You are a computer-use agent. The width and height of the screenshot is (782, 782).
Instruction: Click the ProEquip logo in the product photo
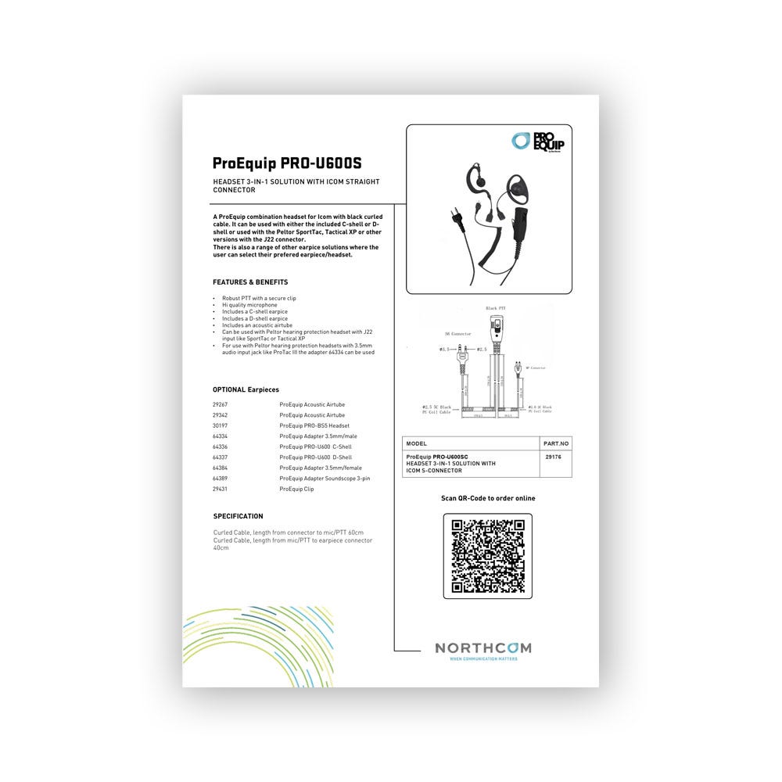[537, 142]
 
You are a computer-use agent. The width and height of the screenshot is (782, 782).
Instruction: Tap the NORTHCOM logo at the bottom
[482, 649]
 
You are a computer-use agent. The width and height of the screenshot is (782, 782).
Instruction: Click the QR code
[488, 556]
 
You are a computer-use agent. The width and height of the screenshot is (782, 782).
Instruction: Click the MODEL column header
[417, 443]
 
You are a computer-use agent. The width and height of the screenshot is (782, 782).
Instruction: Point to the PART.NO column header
[556, 443]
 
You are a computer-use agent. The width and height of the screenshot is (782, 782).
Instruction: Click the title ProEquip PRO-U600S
[287, 163]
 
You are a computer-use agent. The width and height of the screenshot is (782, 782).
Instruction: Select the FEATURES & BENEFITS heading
[250, 282]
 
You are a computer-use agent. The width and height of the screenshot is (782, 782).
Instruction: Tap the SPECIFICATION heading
[238, 516]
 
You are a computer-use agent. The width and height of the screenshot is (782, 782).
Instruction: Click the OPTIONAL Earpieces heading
[246, 389]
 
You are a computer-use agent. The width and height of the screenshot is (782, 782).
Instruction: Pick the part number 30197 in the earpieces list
[220, 425]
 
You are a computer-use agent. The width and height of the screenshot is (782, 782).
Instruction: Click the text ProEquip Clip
[296, 489]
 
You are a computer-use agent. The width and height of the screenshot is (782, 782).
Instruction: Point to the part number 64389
[220, 478]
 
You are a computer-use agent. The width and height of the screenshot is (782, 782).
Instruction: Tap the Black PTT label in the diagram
[496, 309]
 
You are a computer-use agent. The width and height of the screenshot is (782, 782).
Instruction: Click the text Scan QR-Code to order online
[488, 498]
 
